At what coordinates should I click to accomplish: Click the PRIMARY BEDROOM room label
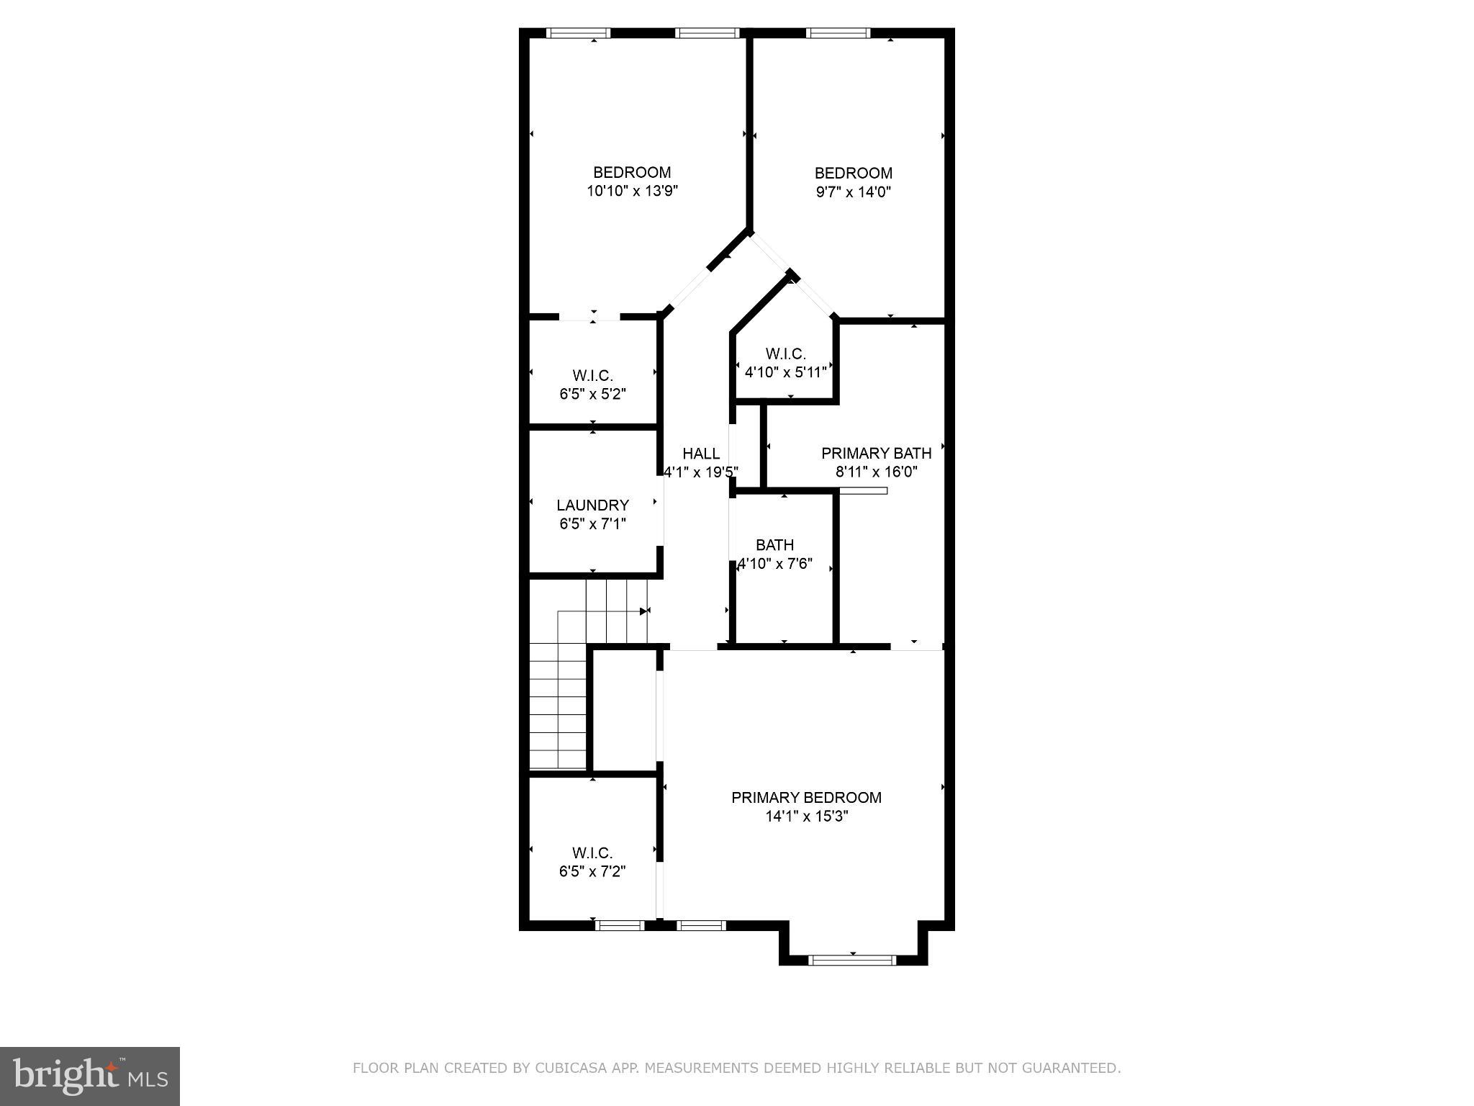pyautogui.click(x=806, y=797)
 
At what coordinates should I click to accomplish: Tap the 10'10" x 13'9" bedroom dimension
pyautogui.click(x=633, y=191)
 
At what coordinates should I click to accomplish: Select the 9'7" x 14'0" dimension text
pyautogui.click(x=854, y=192)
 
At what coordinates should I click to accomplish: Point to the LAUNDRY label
pyautogui.click(x=592, y=505)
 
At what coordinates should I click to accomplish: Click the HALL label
pyautogui.click(x=701, y=454)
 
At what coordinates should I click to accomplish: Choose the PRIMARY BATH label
pyautogui.click(x=876, y=453)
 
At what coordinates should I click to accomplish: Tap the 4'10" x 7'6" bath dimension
pyautogui.click(x=775, y=563)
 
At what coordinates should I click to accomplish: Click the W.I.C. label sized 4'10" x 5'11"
pyautogui.click(x=785, y=354)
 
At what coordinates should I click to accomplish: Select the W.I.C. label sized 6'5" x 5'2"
pyautogui.click(x=592, y=375)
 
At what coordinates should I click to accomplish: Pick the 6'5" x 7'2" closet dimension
pyautogui.click(x=592, y=871)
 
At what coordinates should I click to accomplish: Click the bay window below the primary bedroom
pyautogui.click(x=852, y=959)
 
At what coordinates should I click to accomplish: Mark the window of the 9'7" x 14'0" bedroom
pyautogui.click(x=838, y=32)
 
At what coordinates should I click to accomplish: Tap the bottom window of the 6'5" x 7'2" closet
pyautogui.click(x=620, y=925)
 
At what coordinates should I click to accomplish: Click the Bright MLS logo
pyautogui.click(x=89, y=1076)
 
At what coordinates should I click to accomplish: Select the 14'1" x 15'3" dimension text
pyautogui.click(x=806, y=817)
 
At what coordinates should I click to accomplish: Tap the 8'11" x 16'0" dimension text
pyautogui.click(x=876, y=472)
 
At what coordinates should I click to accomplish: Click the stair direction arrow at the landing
pyautogui.click(x=644, y=611)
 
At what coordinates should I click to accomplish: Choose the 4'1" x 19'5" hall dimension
pyautogui.click(x=701, y=472)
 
